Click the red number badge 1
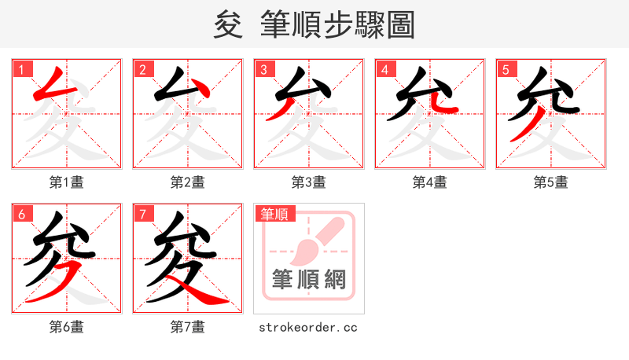pos(21,69)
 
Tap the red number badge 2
pos(142,69)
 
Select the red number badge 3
pos(263,69)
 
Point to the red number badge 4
pos(384,69)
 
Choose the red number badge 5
pos(506,69)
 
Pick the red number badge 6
pos(21,214)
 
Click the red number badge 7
pos(142,214)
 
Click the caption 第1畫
pos(67,182)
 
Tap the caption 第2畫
pos(188,182)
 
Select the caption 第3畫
pos(309,182)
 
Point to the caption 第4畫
pos(430,182)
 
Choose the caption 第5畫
pos(551,182)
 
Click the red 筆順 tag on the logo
pos(274,214)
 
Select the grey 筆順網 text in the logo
pos(308,279)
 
